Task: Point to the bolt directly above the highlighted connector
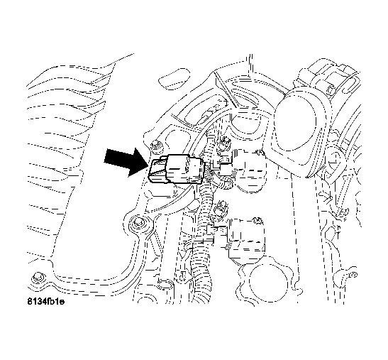pos(155,145)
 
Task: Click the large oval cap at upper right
pos(303,127)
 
